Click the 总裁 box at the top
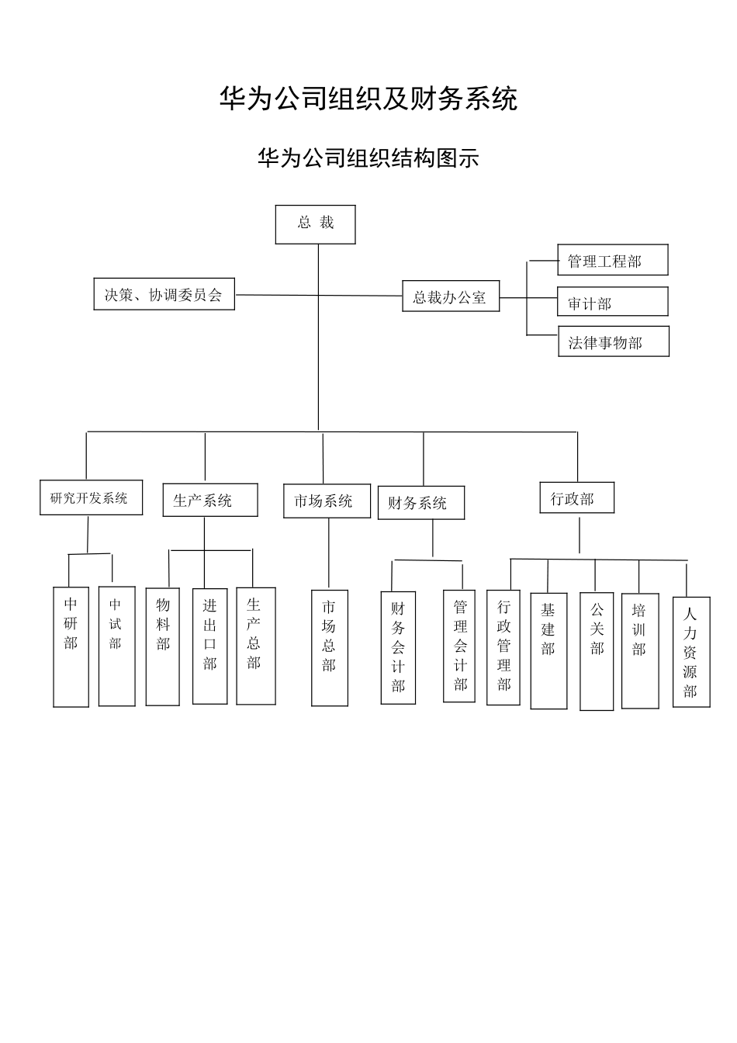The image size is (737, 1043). pyautogui.click(x=315, y=224)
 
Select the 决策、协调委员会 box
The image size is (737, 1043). pyautogui.click(x=164, y=295)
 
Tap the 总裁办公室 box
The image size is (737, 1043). pyautogui.click(x=450, y=296)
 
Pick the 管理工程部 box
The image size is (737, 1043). pyautogui.click(x=612, y=260)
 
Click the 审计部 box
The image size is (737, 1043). pyautogui.click(x=612, y=302)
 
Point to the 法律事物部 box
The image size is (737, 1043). pyautogui.click(x=613, y=342)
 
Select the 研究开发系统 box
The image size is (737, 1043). pyautogui.click(x=91, y=497)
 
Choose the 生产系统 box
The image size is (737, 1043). pyautogui.click(x=209, y=500)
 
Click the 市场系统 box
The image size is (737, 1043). pyautogui.click(x=327, y=501)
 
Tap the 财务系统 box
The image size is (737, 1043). pyautogui.click(x=420, y=503)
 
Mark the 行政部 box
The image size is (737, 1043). pyautogui.click(x=576, y=498)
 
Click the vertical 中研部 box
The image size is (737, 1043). pyautogui.click(x=71, y=646)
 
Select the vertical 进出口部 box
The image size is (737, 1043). pyautogui.click(x=209, y=646)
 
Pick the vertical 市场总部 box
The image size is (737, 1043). pyautogui.click(x=329, y=648)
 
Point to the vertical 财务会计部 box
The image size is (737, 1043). pyautogui.click(x=398, y=648)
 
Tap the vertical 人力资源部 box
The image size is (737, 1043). pyautogui.click(x=690, y=652)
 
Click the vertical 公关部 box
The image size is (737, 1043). pyautogui.click(x=597, y=651)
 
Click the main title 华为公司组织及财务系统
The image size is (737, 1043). pyautogui.click(x=368, y=99)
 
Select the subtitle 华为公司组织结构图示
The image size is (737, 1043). pyautogui.click(x=368, y=158)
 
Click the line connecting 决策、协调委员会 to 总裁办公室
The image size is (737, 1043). pyautogui.click(x=279, y=295)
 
